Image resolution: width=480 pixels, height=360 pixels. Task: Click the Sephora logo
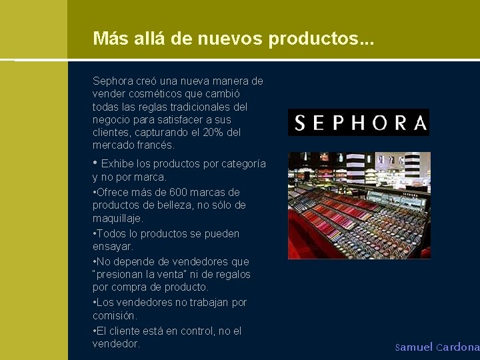(359, 123)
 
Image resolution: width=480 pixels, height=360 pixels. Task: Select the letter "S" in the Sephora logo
(300, 123)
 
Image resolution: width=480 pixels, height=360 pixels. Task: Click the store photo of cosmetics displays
(359, 205)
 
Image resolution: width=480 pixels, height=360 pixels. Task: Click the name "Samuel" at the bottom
(414, 347)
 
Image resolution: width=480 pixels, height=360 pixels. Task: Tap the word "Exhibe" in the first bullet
(117, 164)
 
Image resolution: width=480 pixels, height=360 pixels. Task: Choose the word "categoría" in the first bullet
(243, 164)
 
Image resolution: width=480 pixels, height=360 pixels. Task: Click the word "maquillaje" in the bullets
(117, 218)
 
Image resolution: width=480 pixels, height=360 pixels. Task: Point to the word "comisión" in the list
(114, 315)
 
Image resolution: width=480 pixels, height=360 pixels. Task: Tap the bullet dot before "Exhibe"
(95, 163)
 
